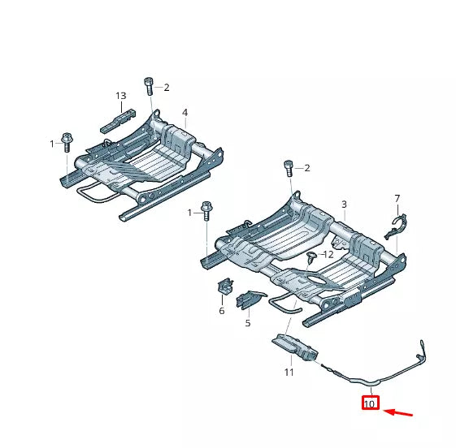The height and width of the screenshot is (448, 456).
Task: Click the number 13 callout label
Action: [120, 96]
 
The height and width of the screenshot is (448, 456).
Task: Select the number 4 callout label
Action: [185, 112]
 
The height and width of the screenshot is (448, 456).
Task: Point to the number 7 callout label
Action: [397, 199]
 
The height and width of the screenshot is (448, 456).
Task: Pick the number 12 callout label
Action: [328, 255]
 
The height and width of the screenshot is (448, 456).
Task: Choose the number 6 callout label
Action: [221, 311]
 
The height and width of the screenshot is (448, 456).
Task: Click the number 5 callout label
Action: [248, 323]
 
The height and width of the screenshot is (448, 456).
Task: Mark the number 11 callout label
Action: [288, 373]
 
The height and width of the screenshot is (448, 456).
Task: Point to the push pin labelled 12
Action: [312, 258]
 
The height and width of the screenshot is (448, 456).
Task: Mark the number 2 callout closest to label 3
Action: [306, 168]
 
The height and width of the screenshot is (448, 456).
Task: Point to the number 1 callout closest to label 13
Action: [52, 144]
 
